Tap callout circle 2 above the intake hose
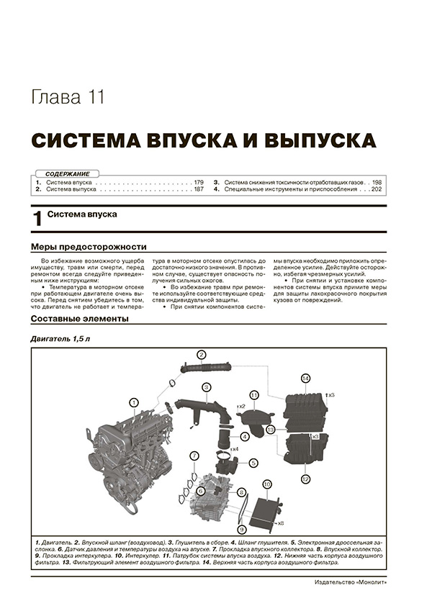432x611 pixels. [202, 354]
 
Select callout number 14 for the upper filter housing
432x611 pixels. [305, 379]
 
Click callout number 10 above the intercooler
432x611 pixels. [266, 484]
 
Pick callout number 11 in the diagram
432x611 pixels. [254, 395]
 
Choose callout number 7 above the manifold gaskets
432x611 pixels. [194, 455]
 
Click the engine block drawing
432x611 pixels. [130, 446]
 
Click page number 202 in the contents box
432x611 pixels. [375, 190]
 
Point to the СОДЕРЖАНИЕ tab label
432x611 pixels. [67, 174]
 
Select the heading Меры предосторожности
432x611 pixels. [89, 245]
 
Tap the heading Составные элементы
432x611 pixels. [80, 319]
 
